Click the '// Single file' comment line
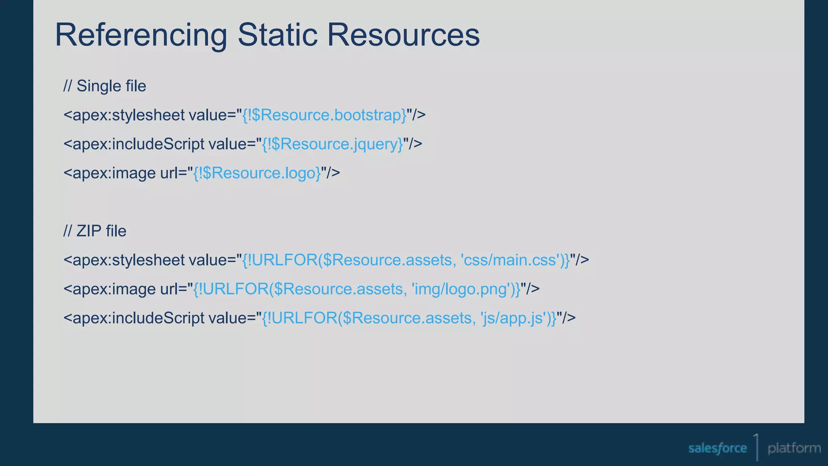[x=105, y=86]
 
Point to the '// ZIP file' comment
[x=95, y=231]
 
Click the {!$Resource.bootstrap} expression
[x=324, y=115]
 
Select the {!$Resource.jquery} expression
[x=332, y=144]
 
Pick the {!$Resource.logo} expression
[x=257, y=173]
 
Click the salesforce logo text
[x=718, y=448]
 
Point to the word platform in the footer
[x=794, y=448]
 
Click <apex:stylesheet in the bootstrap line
[x=124, y=115]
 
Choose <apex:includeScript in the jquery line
[x=134, y=144]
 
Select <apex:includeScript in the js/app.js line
[x=134, y=318]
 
